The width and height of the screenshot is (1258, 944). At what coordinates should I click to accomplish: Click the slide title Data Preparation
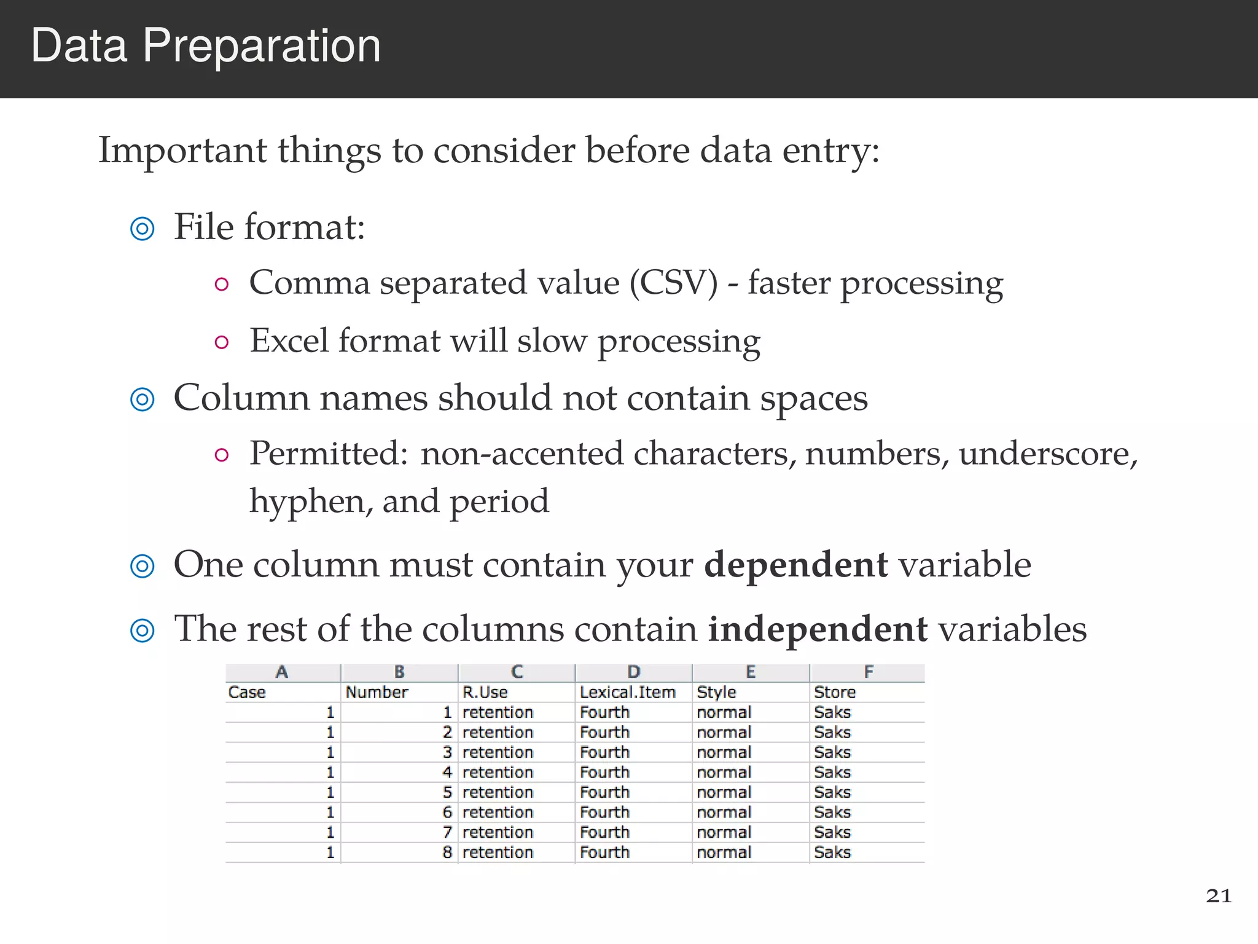point(206,46)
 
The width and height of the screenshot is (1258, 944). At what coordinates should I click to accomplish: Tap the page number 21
point(1219,895)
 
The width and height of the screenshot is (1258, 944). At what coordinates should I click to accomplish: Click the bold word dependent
point(795,564)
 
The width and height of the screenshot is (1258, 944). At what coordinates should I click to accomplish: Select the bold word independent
point(818,629)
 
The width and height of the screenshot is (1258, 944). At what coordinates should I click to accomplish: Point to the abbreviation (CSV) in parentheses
point(673,283)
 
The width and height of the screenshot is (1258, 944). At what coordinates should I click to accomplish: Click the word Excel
point(288,340)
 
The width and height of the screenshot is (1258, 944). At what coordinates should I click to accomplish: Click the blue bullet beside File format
point(143,229)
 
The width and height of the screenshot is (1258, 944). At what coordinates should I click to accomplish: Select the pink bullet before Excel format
point(222,342)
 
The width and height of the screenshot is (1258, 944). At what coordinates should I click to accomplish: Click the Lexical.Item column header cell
point(627,693)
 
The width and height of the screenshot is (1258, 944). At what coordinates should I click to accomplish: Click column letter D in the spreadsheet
point(634,672)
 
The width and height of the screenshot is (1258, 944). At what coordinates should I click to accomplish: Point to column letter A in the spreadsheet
point(282,672)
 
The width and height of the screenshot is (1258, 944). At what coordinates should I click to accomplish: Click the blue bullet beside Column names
point(143,399)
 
